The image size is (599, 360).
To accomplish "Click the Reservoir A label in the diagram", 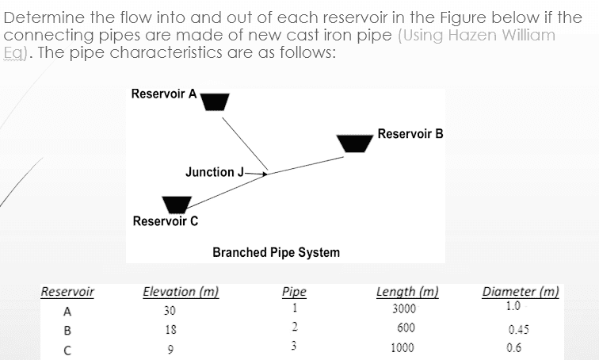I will coord(164,94).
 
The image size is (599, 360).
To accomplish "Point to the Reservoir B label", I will coord(410,132).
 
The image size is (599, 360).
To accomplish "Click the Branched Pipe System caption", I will coord(276,252).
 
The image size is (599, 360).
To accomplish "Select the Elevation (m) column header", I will coord(179,291).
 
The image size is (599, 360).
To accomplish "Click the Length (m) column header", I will coord(406,291).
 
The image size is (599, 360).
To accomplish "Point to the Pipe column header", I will coord(293,291).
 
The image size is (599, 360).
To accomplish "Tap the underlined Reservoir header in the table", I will coord(67,291).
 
